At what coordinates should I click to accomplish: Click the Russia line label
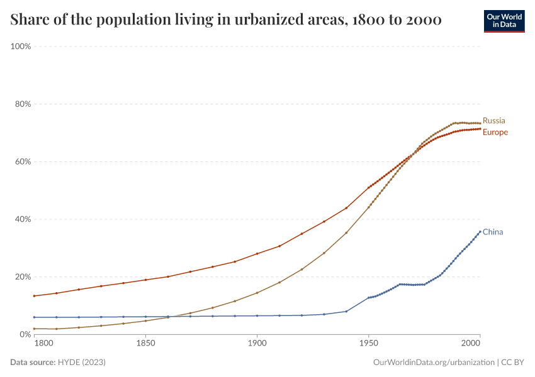point(493,121)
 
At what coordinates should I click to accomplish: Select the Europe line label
point(495,133)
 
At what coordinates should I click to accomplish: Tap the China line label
point(492,232)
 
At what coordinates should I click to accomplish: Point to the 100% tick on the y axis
point(21,46)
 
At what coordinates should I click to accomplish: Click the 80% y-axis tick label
point(23,104)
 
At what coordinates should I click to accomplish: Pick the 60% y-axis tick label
point(23,161)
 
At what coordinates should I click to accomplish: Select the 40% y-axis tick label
point(23,219)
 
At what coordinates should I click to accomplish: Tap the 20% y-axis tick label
point(23,277)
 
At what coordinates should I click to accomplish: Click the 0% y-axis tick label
point(26,334)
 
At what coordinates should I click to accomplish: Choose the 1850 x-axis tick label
point(145,344)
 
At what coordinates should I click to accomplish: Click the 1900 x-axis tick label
point(257,344)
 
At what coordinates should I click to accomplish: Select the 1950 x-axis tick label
point(368,344)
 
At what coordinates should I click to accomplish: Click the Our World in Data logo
point(504,21)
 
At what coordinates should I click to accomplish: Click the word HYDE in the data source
point(71,363)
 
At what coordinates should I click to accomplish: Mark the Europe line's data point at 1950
point(368,187)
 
